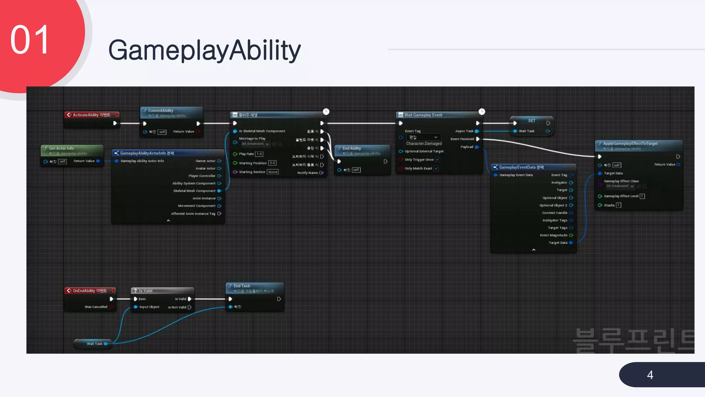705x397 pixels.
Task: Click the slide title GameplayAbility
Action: (x=204, y=50)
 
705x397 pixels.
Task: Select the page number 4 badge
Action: (x=650, y=375)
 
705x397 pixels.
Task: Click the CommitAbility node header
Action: (x=160, y=111)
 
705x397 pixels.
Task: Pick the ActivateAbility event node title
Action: (x=91, y=115)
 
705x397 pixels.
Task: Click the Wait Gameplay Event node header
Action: (x=423, y=115)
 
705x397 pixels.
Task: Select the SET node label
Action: (x=532, y=121)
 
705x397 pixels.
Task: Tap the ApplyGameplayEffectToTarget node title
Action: (x=630, y=143)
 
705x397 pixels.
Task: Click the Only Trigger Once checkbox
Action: (x=437, y=160)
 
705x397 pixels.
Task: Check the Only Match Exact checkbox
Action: (x=436, y=168)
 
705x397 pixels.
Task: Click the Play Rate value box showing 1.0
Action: (x=259, y=154)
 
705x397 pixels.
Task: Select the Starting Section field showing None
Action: (x=273, y=172)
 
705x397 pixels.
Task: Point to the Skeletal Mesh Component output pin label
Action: (x=194, y=191)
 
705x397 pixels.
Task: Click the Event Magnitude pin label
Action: (x=553, y=235)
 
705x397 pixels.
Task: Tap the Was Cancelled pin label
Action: (x=96, y=307)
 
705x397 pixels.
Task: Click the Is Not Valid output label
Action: (x=177, y=307)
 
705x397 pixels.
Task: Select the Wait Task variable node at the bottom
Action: (x=94, y=344)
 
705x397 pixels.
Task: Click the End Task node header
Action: (x=242, y=286)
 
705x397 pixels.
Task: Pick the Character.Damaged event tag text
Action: (x=424, y=143)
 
